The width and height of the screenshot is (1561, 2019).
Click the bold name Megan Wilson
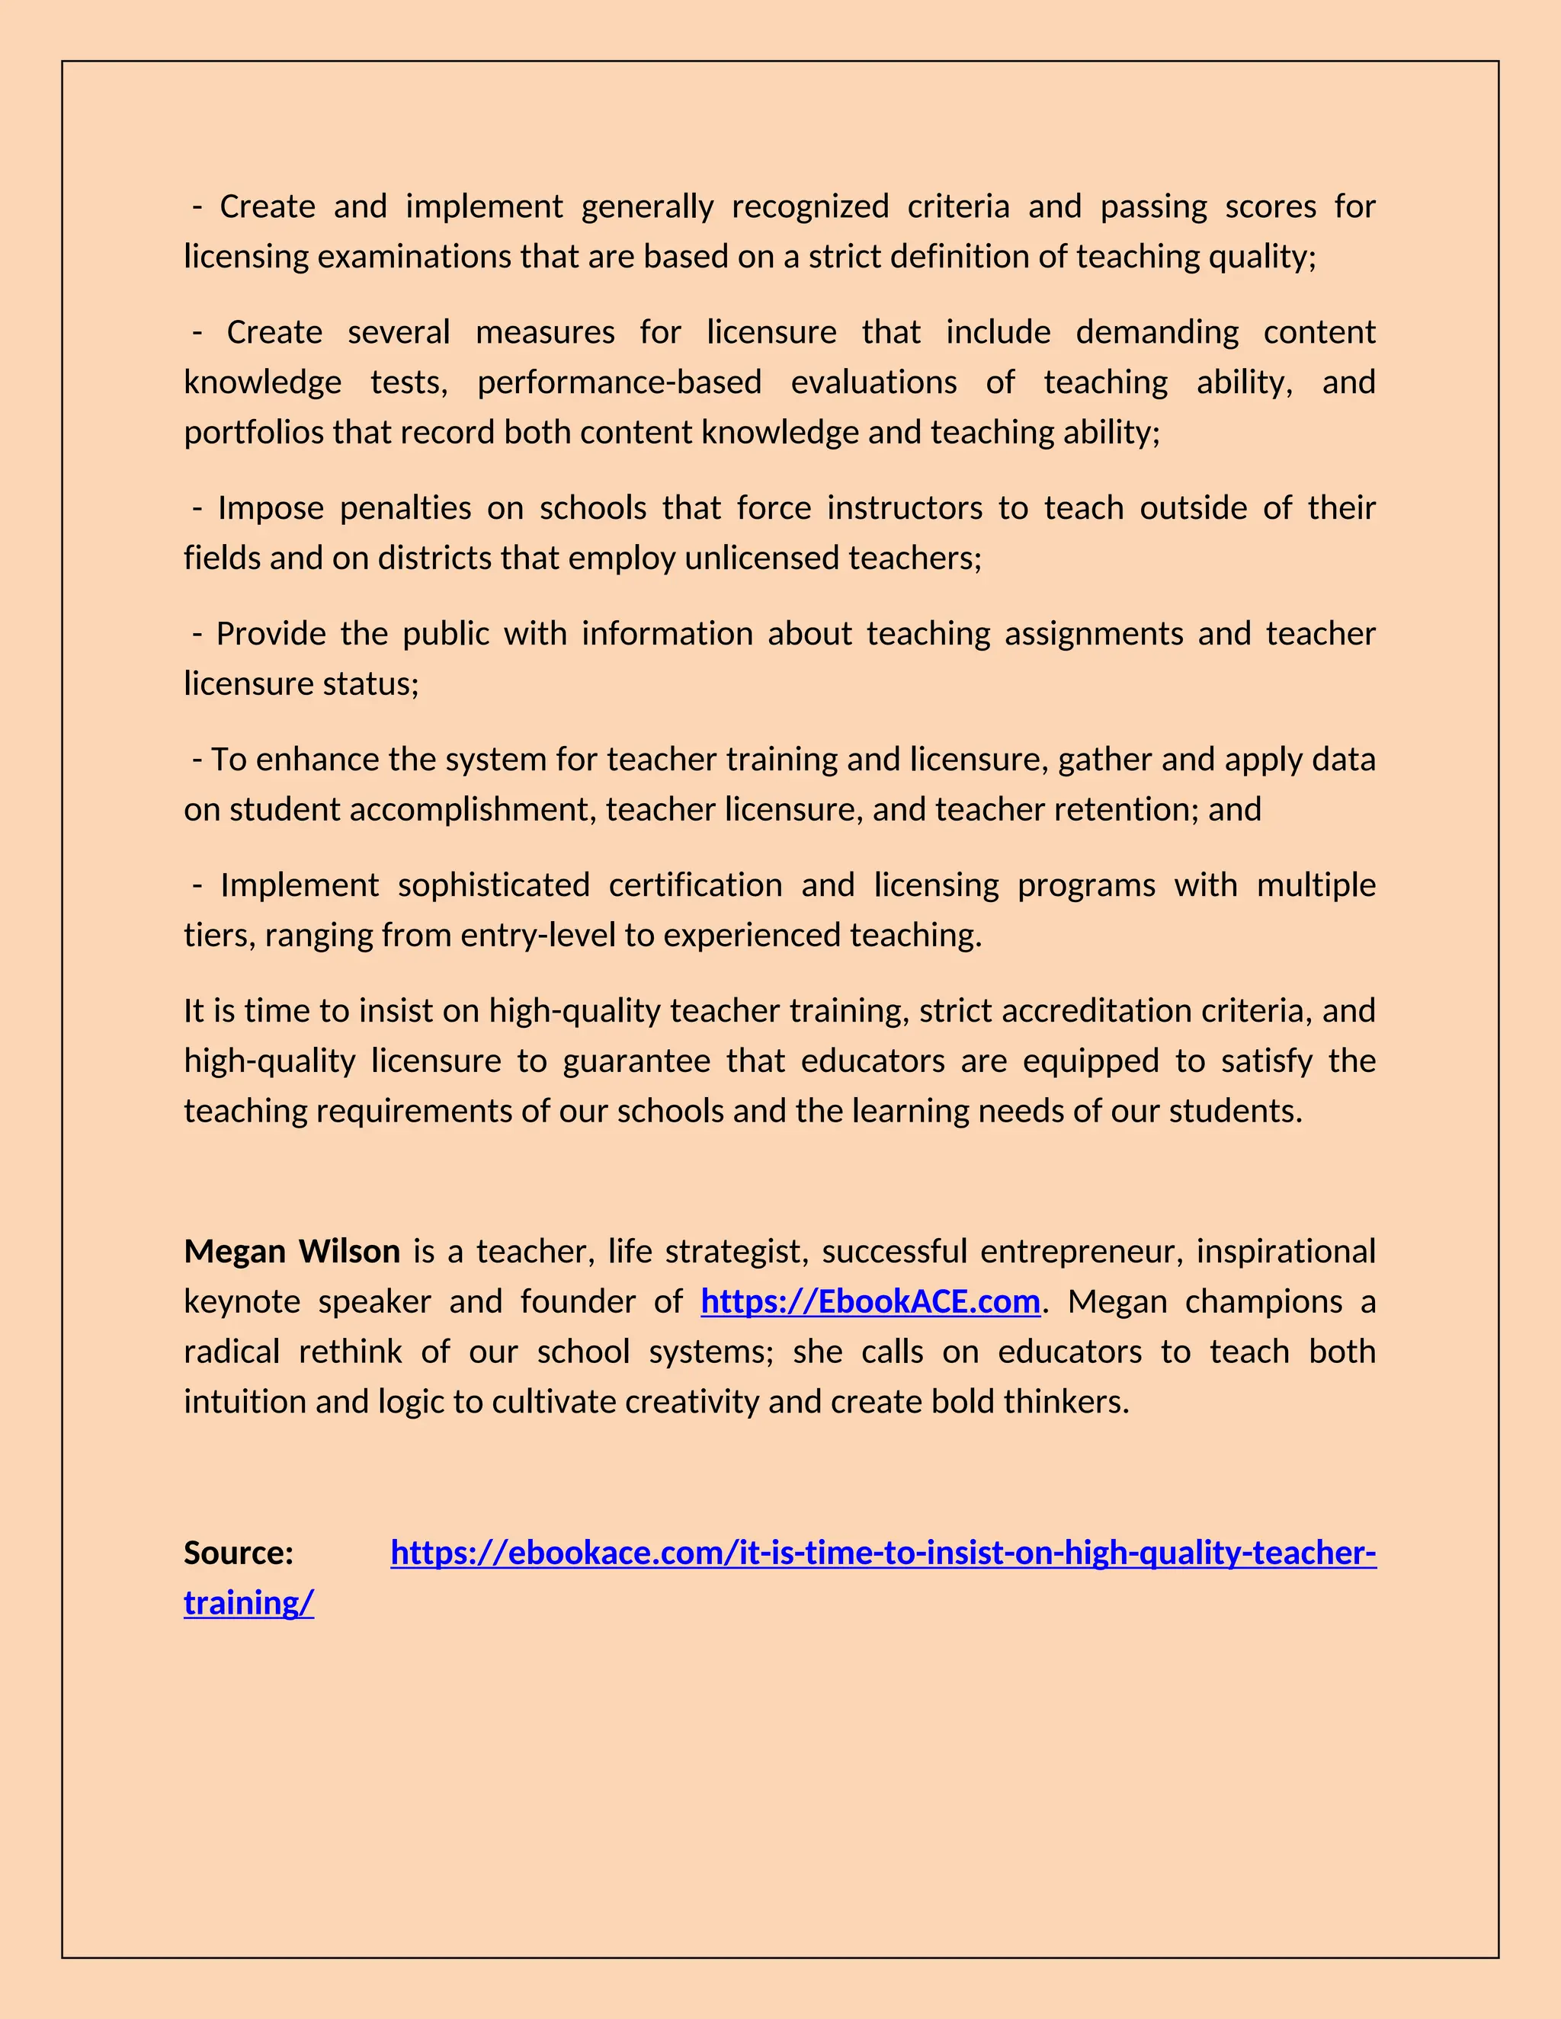pos(291,1252)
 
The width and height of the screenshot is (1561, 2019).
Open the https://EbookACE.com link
pos(870,1301)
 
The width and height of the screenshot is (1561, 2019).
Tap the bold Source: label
pos(239,1553)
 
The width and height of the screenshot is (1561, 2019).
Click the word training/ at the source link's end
pos(248,1603)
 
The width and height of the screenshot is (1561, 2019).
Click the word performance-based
pos(619,382)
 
